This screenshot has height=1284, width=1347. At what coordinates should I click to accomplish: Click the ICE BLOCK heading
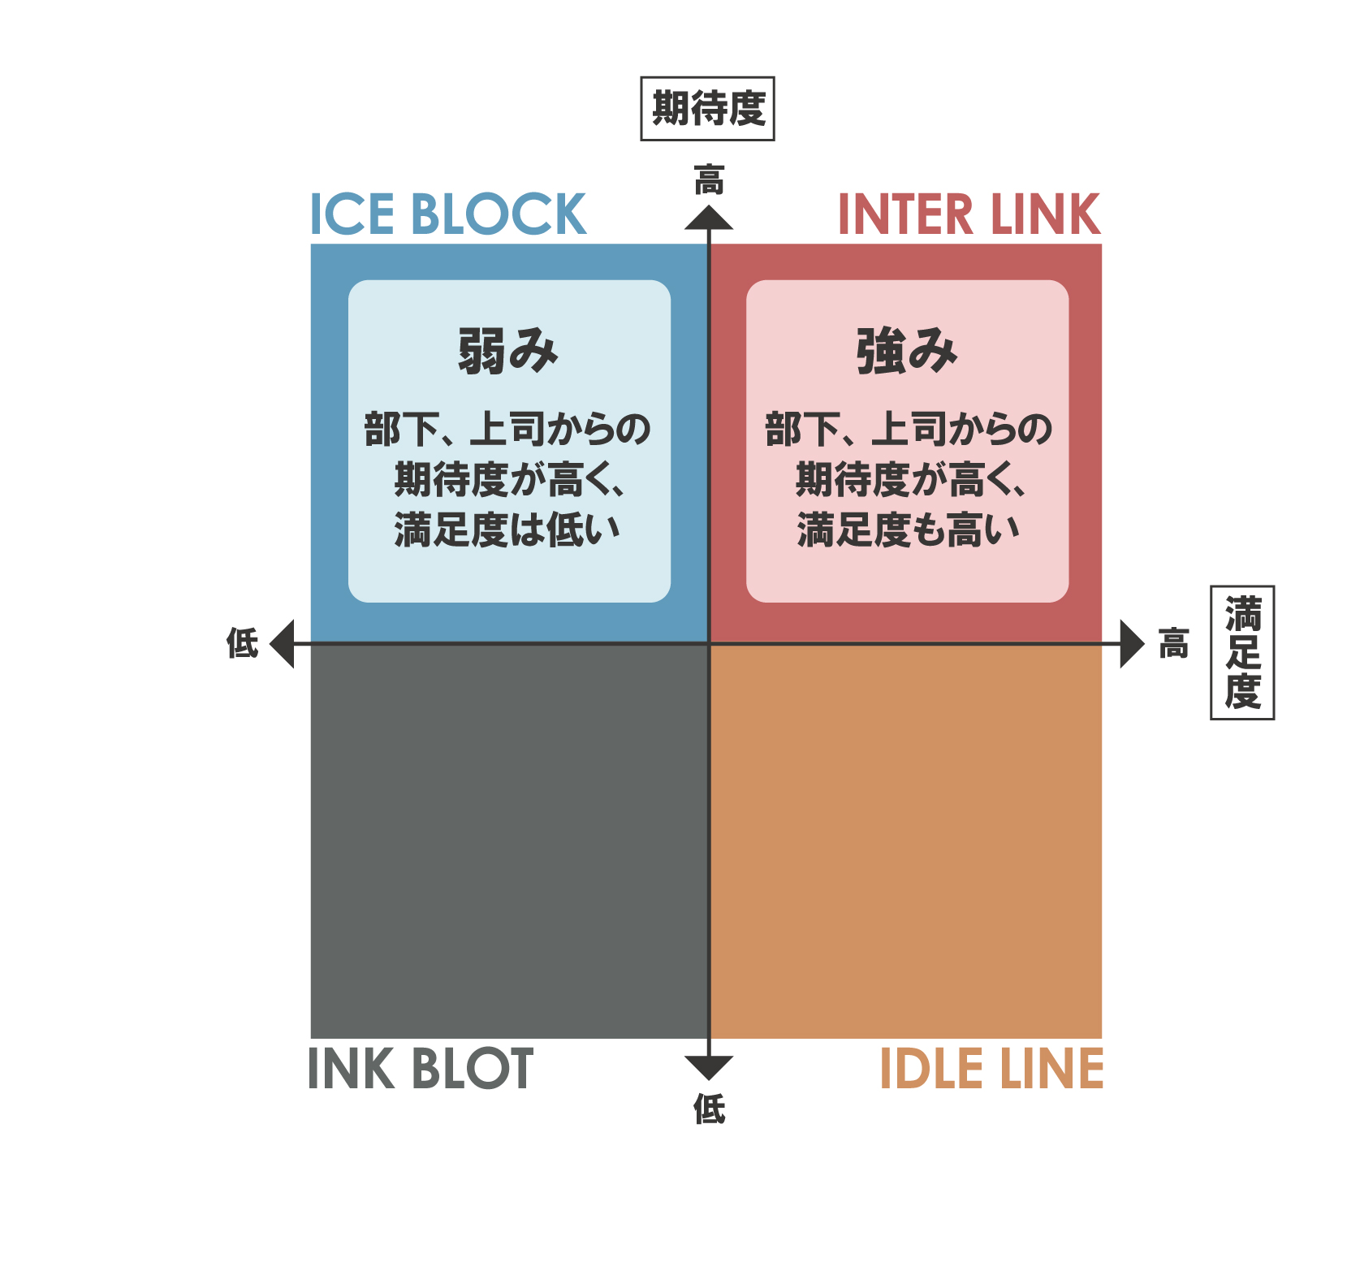[447, 214]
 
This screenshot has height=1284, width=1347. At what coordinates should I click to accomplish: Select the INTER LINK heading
[968, 214]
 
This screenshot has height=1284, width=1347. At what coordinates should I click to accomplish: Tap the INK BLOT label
[420, 1068]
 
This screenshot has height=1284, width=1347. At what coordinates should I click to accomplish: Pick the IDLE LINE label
[991, 1068]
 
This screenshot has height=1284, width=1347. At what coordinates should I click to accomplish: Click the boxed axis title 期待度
[707, 109]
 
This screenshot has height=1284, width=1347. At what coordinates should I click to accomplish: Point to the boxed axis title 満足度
[1242, 652]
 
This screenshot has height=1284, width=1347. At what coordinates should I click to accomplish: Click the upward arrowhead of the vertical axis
[709, 218]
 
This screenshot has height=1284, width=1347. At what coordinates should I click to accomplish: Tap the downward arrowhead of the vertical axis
[709, 1067]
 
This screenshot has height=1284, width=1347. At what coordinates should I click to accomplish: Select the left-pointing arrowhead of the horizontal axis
[283, 644]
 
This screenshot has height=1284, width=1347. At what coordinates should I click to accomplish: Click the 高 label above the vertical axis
[709, 180]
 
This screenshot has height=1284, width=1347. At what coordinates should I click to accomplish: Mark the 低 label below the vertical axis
[709, 1109]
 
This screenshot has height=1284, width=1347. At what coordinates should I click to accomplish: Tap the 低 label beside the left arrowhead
[242, 643]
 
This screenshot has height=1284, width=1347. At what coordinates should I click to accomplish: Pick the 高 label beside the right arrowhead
[1173, 643]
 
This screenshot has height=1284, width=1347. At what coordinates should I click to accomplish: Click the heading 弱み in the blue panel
[508, 351]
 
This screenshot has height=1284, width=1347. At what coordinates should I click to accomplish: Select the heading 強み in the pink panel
[907, 351]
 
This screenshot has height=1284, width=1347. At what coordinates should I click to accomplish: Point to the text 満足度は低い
[507, 530]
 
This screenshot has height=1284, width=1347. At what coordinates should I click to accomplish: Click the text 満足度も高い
[908, 530]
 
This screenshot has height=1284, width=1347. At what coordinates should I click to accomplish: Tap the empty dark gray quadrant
[509, 841]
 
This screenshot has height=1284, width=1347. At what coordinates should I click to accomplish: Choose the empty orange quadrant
[906, 841]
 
